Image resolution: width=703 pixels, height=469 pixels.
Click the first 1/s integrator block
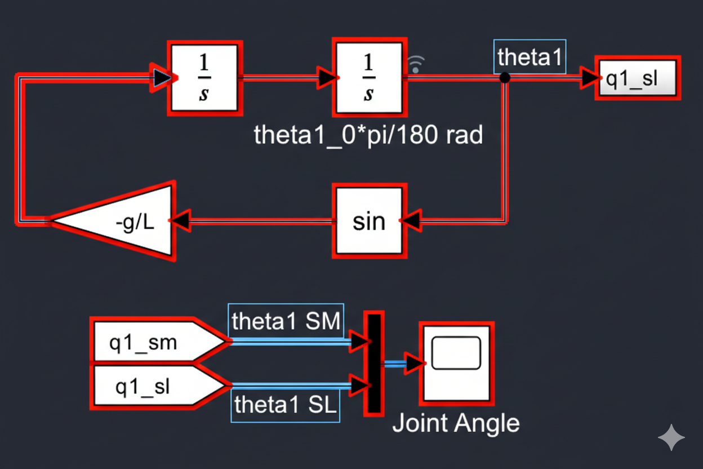coord(204,77)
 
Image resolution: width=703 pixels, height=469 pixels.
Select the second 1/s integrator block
coord(369,77)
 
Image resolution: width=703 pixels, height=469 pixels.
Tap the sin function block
coord(369,220)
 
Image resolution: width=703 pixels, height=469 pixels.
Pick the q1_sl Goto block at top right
coord(638,78)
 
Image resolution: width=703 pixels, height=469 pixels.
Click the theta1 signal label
coord(530,57)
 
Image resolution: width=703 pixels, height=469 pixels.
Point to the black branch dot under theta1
coord(505,78)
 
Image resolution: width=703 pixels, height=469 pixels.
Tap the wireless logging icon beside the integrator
coord(416,64)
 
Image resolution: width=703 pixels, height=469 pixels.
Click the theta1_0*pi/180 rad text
coord(368,135)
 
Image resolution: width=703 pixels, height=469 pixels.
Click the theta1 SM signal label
coord(286,321)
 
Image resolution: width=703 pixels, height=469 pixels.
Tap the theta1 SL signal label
coord(286,405)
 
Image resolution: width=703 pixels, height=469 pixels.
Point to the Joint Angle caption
coord(455,422)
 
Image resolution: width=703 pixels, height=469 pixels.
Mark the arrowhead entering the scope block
coord(415,364)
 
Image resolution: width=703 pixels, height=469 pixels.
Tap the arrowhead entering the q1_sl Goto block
coord(590,78)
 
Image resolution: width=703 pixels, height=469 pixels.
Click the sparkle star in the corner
coord(671,438)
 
